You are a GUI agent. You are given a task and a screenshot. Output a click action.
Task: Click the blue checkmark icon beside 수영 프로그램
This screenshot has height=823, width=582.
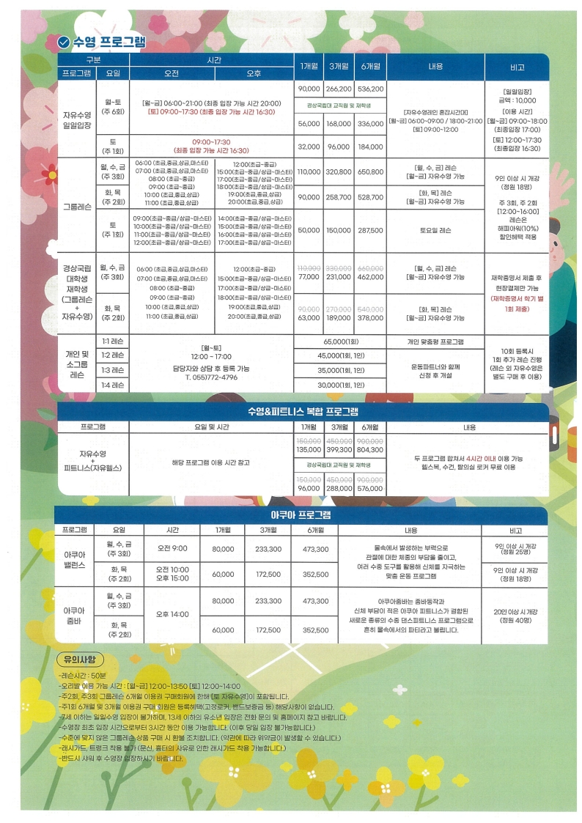(64, 42)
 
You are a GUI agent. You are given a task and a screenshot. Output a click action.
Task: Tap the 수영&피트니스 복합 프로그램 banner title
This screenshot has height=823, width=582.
(303, 411)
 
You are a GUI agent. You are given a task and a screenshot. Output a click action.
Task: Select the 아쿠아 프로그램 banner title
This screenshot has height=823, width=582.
(301, 514)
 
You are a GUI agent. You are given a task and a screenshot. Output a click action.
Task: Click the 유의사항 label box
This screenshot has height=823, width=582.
(80, 658)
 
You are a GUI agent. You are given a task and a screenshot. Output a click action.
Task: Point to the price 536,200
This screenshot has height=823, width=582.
(370, 89)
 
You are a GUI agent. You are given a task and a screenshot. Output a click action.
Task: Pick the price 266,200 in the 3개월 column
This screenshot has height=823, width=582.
(338, 89)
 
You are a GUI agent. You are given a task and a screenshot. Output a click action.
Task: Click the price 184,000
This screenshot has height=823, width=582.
(370, 147)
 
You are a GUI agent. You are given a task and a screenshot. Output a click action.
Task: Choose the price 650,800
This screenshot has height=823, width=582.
(370, 171)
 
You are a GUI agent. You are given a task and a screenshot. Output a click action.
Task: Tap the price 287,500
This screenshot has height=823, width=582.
(370, 230)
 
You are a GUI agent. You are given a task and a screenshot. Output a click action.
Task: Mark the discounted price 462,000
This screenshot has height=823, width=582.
(370, 277)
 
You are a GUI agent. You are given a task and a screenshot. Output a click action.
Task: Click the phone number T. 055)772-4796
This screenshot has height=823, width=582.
(210, 377)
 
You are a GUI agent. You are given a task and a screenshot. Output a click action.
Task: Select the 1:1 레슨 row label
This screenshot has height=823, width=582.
(113, 342)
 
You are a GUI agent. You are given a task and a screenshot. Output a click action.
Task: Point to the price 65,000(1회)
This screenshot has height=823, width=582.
(341, 342)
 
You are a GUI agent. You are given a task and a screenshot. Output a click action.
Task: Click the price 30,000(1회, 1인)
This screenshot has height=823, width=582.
(341, 385)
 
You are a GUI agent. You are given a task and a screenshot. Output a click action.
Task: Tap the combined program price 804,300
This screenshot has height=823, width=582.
(370, 450)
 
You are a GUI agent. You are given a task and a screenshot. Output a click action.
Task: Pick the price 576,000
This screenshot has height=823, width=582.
(370, 488)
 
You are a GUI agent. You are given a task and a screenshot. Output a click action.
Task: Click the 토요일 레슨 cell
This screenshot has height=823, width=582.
(435, 230)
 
